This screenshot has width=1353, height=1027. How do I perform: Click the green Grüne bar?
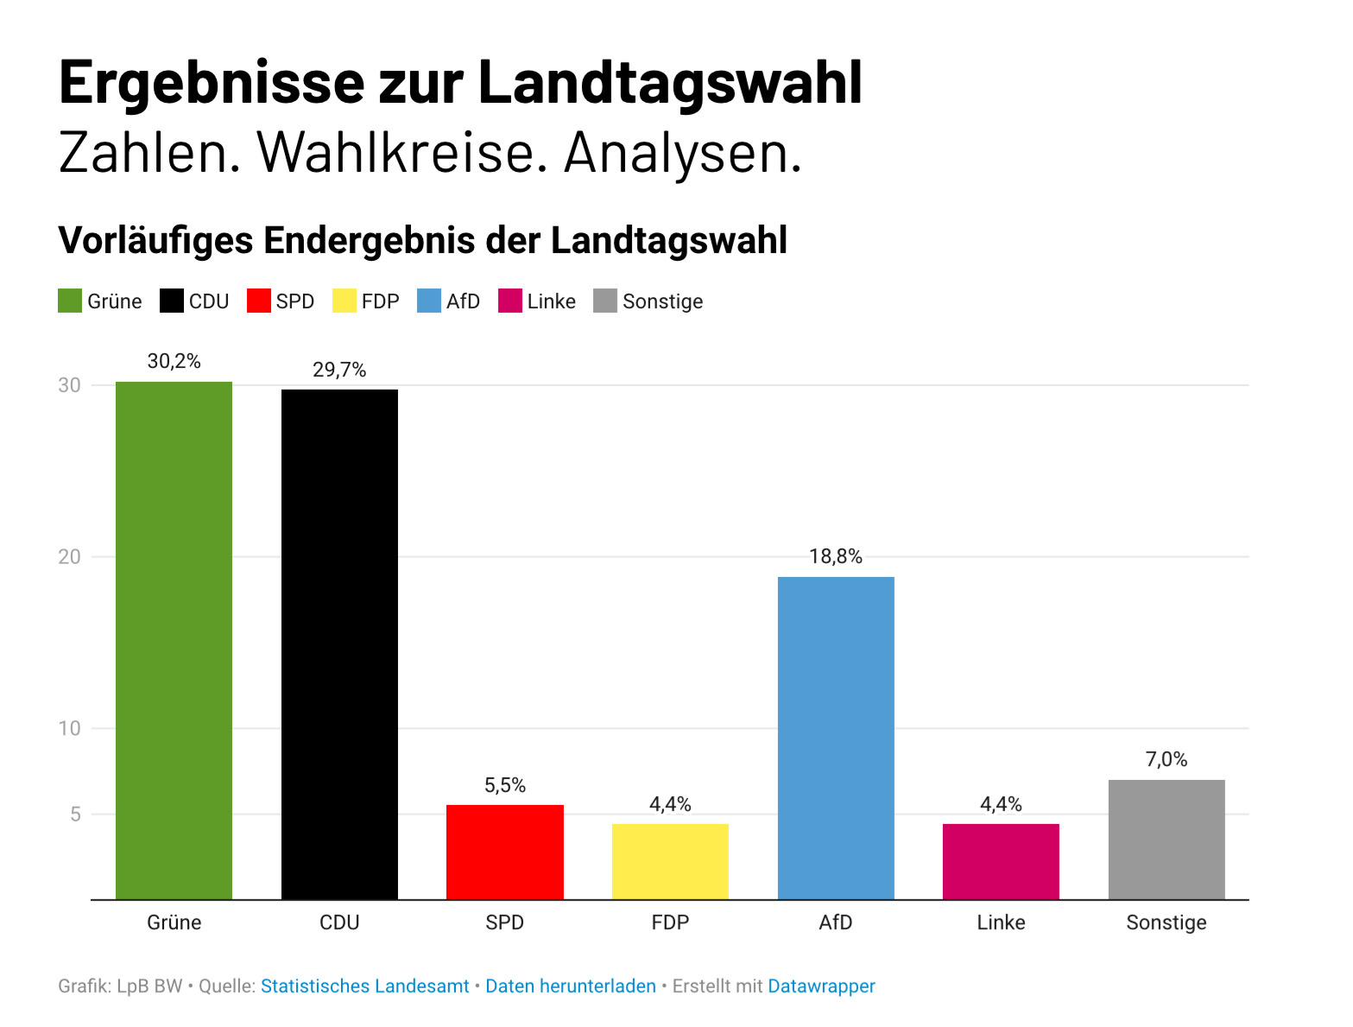(x=174, y=639)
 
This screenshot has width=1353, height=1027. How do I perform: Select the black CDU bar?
(x=339, y=643)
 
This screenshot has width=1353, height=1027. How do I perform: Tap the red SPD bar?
(x=504, y=852)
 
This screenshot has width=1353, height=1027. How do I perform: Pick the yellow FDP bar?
(x=670, y=861)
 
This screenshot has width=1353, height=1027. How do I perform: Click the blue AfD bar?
(x=836, y=738)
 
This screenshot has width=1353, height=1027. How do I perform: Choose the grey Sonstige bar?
(x=1166, y=839)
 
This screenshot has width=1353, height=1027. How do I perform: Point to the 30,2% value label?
(x=174, y=361)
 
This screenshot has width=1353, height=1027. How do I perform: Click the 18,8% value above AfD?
(x=836, y=556)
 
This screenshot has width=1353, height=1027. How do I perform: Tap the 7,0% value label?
(x=1166, y=759)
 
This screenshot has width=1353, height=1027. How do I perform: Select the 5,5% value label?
(x=504, y=785)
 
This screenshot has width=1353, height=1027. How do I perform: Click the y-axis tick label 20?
(x=69, y=557)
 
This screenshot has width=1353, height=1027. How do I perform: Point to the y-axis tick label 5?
(x=75, y=815)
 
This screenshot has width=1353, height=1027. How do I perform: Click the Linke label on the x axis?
(x=1001, y=922)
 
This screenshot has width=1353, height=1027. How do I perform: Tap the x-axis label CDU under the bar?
(x=339, y=922)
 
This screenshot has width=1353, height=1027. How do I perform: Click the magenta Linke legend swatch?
(x=510, y=301)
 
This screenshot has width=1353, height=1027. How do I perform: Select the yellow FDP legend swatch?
(x=345, y=301)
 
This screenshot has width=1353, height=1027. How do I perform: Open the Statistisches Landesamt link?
(x=364, y=986)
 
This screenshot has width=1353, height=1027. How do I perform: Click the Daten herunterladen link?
(x=571, y=986)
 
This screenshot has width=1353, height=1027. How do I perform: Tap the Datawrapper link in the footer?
(x=821, y=986)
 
